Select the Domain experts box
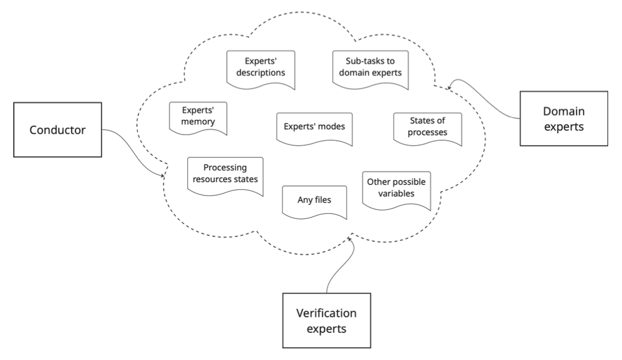coord(563,119)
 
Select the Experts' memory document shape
coord(198,116)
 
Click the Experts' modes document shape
coord(314,127)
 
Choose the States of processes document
coord(428,127)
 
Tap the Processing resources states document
coord(224,173)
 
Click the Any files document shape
coord(314,201)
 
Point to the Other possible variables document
coord(396,188)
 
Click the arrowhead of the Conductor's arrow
coord(163,176)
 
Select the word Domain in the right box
coord(563,111)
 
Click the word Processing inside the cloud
coord(224,167)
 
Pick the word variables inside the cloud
coord(396,194)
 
